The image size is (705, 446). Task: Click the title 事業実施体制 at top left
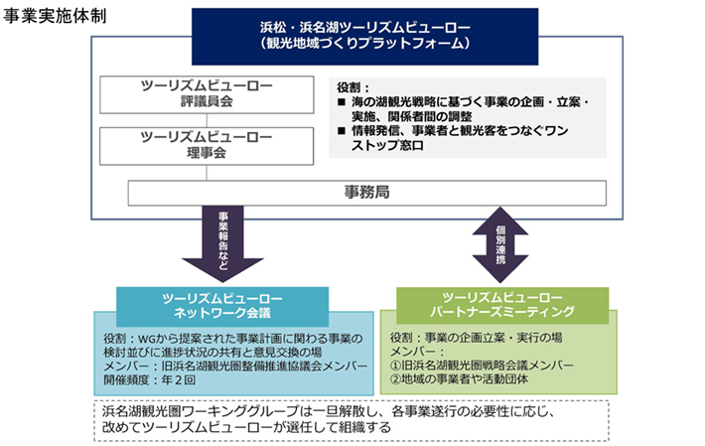[57, 18]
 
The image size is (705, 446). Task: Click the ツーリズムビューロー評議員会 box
[206, 93]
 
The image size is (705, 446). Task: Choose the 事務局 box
[365, 193]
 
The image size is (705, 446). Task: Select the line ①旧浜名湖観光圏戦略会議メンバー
[482, 365]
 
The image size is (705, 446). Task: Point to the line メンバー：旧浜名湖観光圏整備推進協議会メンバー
[229, 366]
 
